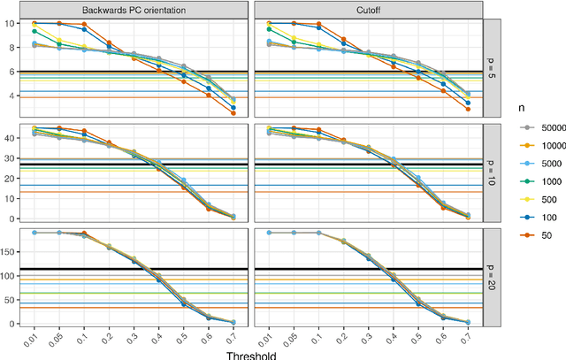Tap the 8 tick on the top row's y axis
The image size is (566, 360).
[x=19, y=47]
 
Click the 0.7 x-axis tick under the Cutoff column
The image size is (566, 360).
[x=468, y=336]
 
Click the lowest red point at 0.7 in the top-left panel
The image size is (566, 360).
[x=233, y=113]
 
